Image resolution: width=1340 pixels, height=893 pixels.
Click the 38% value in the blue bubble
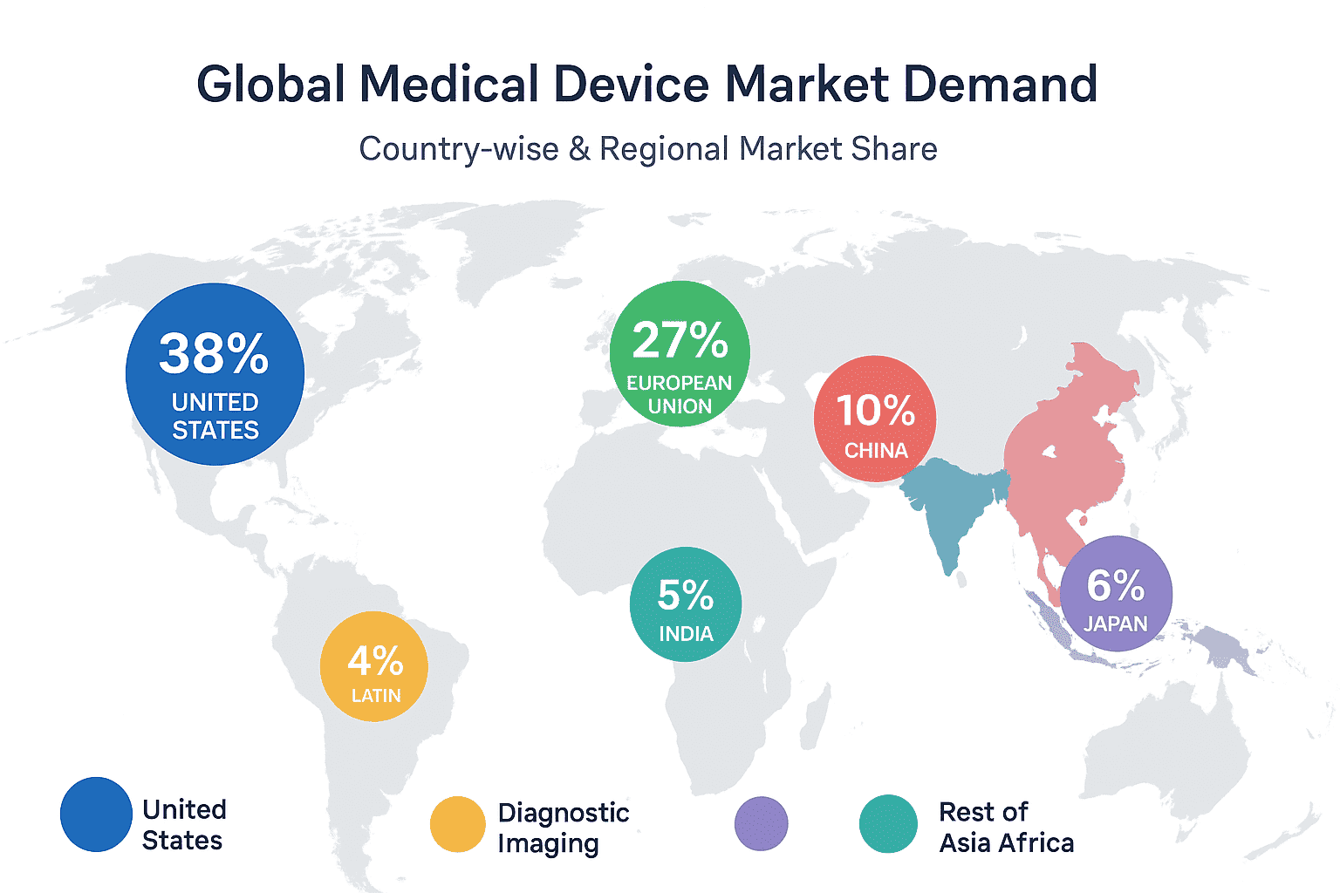point(214,353)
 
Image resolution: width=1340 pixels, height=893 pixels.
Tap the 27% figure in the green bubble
point(680,339)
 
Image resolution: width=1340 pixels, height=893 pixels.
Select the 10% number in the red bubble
point(875,410)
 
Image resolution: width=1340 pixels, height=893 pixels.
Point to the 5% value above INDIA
point(685,596)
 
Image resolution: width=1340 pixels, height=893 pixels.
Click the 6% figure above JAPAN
point(1115,585)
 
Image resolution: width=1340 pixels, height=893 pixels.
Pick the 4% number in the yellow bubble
point(375,661)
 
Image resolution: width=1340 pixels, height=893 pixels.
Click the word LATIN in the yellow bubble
point(376,696)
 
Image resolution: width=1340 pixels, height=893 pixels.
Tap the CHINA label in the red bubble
point(876,451)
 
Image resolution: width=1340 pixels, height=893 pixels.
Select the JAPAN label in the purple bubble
point(1116,624)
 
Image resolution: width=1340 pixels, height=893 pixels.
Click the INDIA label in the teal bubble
point(686,634)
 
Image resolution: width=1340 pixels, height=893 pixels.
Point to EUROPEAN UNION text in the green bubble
point(680,394)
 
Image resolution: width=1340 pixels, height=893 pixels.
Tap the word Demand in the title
point(1000,85)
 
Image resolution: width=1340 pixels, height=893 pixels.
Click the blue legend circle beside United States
point(96,815)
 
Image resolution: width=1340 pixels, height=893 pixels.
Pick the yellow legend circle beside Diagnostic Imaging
point(458,824)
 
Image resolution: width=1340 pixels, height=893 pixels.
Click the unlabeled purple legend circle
point(761,823)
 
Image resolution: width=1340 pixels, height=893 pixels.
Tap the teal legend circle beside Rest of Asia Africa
point(888,824)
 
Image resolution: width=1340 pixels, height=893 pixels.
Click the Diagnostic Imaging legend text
point(563,828)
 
